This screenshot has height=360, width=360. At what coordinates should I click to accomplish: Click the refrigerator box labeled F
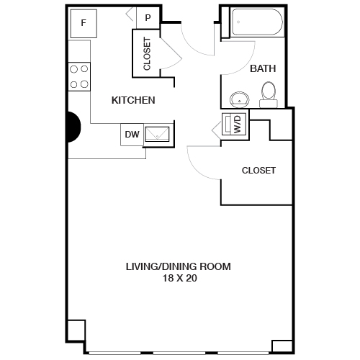pyautogui.click(x=84, y=23)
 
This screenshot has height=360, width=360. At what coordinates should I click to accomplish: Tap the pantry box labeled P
pyautogui.click(x=148, y=18)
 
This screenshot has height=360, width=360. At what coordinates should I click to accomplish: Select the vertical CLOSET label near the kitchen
pyautogui.click(x=148, y=53)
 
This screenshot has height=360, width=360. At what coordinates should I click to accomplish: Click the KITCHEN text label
pyautogui.click(x=133, y=100)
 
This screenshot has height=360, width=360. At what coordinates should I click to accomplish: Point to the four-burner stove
pyautogui.click(x=79, y=76)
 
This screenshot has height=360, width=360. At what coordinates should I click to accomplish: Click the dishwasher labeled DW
pyautogui.click(x=132, y=134)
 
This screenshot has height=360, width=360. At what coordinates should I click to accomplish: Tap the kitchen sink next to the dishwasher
pyautogui.click(x=158, y=133)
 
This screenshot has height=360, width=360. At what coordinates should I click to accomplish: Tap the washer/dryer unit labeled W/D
pyautogui.click(x=235, y=125)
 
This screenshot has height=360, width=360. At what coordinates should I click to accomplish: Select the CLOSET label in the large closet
pyautogui.click(x=258, y=171)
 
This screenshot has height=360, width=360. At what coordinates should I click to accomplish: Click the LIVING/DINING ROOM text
pyautogui.click(x=179, y=266)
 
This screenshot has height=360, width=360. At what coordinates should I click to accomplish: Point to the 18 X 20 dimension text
pyautogui.click(x=179, y=278)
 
